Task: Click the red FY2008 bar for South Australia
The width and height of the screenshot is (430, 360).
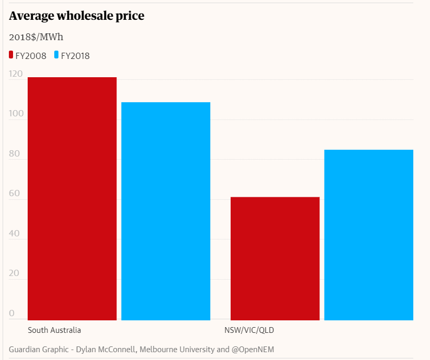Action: click(72, 198)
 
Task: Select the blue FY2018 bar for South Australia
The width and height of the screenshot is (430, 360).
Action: click(166, 211)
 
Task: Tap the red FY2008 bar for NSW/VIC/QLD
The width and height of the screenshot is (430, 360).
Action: click(275, 258)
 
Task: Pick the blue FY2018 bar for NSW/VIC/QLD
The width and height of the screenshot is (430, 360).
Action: click(369, 235)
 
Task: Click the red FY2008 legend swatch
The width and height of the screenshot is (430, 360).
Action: click(11, 55)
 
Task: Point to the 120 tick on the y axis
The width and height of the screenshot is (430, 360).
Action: click(16, 74)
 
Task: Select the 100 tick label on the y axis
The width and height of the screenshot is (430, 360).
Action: click(16, 114)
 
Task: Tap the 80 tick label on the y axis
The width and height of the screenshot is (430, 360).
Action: click(15, 154)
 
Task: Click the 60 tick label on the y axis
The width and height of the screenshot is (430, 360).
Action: click(15, 194)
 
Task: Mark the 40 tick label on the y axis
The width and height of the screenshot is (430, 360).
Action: click(15, 234)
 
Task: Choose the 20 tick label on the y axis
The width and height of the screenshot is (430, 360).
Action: click(15, 274)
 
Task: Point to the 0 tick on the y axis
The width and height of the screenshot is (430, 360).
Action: click(12, 314)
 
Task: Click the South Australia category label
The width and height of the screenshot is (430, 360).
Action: click(54, 330)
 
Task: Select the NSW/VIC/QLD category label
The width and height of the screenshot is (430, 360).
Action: click(249, 330)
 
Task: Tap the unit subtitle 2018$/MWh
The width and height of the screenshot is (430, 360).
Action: click(36, 37)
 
